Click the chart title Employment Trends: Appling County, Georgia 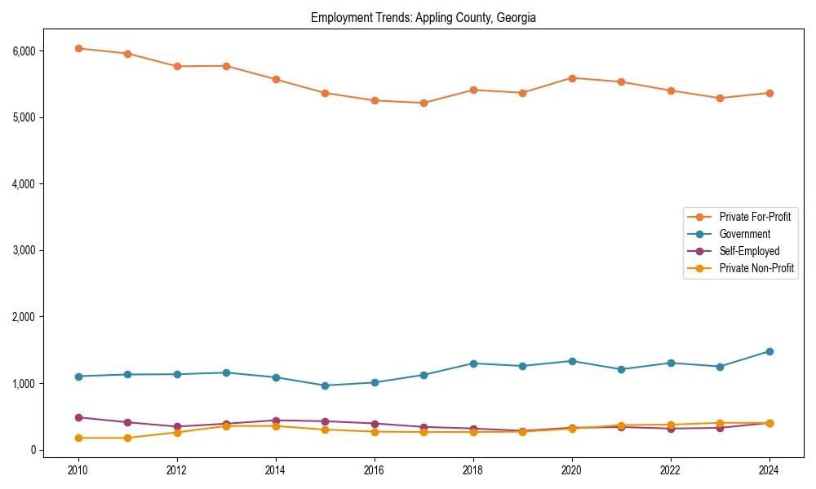(423, 18)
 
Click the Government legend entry (744, 234)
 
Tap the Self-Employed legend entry (749, 251)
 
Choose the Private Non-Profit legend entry (756, 268)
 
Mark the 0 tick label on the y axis (33, 450)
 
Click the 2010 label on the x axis (78, 470)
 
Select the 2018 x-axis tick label (473, 470)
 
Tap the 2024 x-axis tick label (769, 470)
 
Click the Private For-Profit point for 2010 (78, 48)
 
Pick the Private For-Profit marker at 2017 (424, 104)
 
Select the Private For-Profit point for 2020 (572, 78)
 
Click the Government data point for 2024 (769, 351)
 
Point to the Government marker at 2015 (325, 385)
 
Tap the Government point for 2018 (473, 363)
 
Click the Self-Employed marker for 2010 (78, 417)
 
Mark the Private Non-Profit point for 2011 (127, 438)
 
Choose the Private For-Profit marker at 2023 (720, 98)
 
